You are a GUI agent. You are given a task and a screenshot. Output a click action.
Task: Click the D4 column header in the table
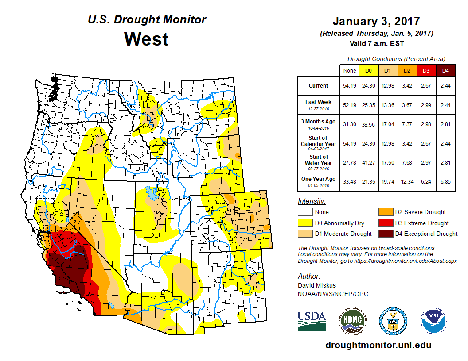pyautogui.click(x=446, y=70)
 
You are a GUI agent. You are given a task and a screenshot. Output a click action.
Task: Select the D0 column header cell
pyautogui.click(x=368, y=70)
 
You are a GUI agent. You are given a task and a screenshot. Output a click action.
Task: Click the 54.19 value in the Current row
pyautogui.click(x=349, y=86)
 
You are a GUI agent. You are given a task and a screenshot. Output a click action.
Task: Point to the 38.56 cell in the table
pyautogui.click(x=368, y=124)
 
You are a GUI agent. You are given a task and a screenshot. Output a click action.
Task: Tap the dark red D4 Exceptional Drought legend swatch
pyautogui.click(x=384, y=234)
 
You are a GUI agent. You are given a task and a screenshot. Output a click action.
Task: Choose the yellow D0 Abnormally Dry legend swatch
pyautogui.click(x=305, y=223)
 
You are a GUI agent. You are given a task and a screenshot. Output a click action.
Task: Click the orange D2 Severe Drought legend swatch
pyautogui.click(x=384, y=212)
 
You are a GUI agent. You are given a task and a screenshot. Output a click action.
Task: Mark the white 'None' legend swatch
pyautogui.click(x=305, y=212)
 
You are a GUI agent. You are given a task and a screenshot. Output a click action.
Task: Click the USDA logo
pyautogui.click(x=312, y=321)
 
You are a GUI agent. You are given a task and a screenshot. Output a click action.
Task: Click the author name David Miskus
pyautogui.click(x=316, y=285)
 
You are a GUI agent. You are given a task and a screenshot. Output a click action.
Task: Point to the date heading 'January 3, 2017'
pyautogui.click(x=376, y=21)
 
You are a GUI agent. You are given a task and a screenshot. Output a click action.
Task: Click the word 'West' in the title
pyautogui.click(x=146, y=39)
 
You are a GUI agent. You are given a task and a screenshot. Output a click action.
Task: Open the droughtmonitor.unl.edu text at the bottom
pyautogui.click(x=378, y=345)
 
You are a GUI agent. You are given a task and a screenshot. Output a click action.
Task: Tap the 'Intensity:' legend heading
pyautogui.click(x=312, y=201)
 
